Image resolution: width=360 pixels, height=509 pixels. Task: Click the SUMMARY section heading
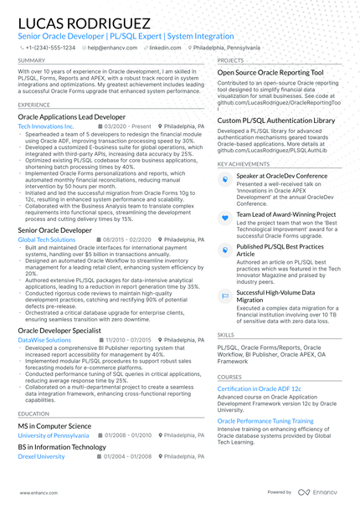point(32,61)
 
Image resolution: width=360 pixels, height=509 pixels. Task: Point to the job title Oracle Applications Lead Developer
point(71,116)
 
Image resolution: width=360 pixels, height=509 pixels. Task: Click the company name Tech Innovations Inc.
point(45,126)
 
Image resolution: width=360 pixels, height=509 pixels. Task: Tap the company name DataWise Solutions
point(44,341)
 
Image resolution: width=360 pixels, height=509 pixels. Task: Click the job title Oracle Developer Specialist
point(65,331)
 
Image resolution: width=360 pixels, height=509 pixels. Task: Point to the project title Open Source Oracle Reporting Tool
point(270,73)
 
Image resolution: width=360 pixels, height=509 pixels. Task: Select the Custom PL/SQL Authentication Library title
point(275,121)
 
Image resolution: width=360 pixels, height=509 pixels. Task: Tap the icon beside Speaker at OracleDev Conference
point(225,177)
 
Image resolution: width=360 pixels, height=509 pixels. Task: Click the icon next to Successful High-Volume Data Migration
point(225,296)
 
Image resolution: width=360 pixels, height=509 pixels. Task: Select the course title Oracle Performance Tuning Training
point(271,420)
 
